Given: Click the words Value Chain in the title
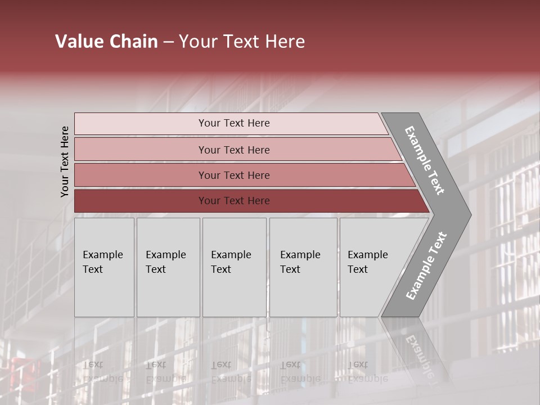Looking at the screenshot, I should point(106,42).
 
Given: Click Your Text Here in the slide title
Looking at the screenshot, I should point(241,42).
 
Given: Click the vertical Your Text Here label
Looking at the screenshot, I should point(65,162).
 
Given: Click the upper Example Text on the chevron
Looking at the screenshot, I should point(425,160).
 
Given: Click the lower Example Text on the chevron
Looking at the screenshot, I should point(426,266).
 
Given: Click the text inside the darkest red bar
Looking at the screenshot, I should point(234,201).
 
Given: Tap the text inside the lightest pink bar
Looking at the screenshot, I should point(234,123).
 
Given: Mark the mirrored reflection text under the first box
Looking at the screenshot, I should point(102,372).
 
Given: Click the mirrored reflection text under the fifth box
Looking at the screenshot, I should point(367,372).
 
